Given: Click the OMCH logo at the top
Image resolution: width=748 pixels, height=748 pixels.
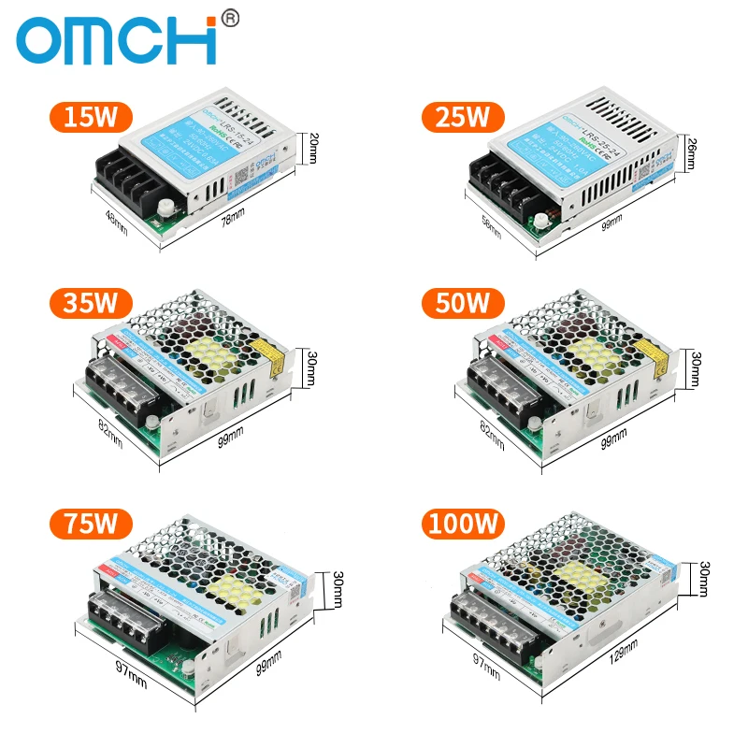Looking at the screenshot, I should tap(117, 41).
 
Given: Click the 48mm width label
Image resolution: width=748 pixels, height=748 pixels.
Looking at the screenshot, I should tap(116, 223).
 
